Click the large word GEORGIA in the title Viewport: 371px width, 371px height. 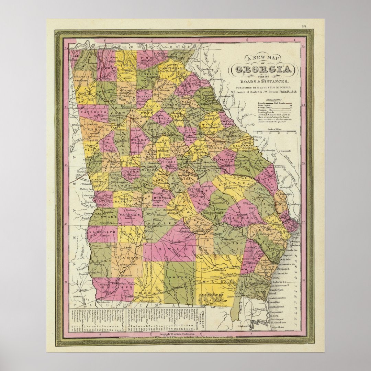tap(263, 70)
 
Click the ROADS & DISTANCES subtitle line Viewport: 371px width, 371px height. tap(263, 81)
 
